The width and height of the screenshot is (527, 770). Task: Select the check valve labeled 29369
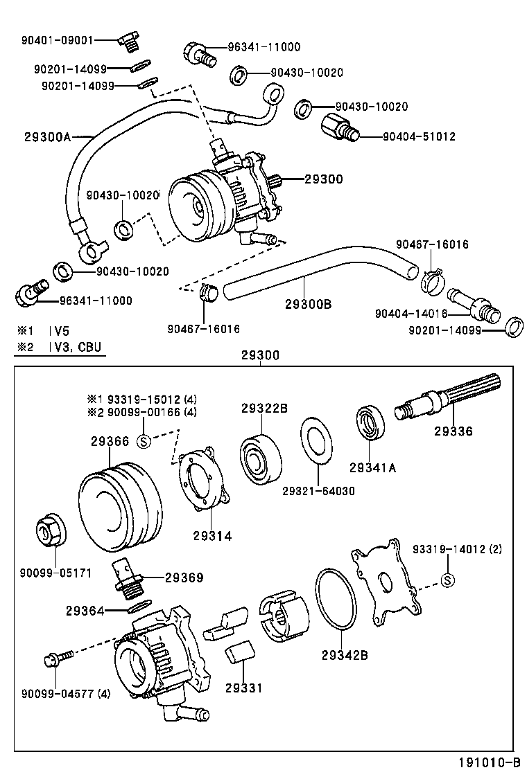click(x=127, y=577)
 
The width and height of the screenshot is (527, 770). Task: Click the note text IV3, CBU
click(x=77, y=346)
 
